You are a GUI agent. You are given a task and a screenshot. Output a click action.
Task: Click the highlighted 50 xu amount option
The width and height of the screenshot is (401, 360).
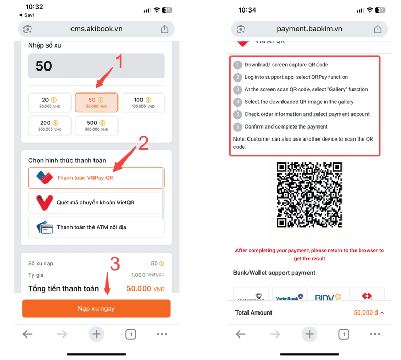pos(96,102)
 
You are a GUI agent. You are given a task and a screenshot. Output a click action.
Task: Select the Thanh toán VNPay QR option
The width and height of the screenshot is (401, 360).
pos(96,178)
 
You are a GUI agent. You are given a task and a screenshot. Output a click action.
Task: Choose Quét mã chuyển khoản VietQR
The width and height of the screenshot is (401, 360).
pos(96,202)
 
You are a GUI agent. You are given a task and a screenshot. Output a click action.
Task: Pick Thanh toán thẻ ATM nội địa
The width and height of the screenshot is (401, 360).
pos(96,227)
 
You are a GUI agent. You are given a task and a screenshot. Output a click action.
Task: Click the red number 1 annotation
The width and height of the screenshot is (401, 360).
pos(119,62)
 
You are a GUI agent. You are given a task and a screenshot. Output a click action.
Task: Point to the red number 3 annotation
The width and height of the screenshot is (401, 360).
pos(116,264)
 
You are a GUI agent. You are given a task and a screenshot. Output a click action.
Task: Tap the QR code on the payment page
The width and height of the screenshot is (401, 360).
pos(309,195)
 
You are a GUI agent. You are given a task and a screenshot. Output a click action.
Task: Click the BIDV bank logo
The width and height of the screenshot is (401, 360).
pos(328,297)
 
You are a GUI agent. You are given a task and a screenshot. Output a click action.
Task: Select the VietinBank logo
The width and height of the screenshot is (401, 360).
pos(289,297)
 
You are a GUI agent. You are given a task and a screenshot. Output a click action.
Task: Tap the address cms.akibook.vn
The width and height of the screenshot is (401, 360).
pos(97,29)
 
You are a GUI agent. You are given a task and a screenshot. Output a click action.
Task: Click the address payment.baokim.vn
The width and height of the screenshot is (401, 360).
pos(309,29)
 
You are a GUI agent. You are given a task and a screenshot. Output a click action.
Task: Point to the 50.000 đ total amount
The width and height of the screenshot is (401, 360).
pos(365,312)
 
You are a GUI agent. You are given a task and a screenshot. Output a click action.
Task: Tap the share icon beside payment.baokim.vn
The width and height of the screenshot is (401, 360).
pos(378,29)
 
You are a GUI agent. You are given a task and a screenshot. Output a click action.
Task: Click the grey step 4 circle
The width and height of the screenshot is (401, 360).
pos(238,102)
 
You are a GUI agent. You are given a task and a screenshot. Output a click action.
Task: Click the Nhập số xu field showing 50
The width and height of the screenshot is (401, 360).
pos(96,66)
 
